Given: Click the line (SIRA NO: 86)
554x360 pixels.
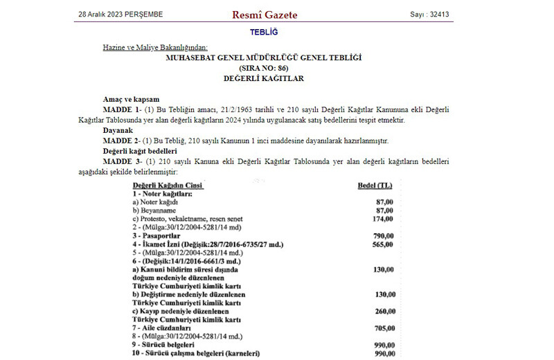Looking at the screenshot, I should point(263,68).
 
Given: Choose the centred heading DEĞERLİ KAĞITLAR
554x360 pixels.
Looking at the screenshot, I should point(263,79).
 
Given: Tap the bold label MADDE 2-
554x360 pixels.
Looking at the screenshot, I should point(122,141).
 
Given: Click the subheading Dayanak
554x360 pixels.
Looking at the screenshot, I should point(118,130).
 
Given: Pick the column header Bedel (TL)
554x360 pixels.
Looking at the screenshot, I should point(375,185).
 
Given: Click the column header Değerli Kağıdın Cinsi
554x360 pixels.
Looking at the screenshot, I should point(168,185).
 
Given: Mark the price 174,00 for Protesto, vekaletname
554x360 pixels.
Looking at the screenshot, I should point(382,219).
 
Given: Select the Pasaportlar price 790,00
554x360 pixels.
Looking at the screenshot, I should point(382,236).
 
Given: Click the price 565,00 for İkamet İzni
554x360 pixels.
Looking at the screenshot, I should point(382,244).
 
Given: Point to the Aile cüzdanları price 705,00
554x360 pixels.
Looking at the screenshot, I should point(382,328).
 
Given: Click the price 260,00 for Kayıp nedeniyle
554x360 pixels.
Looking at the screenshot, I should point(382,311).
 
